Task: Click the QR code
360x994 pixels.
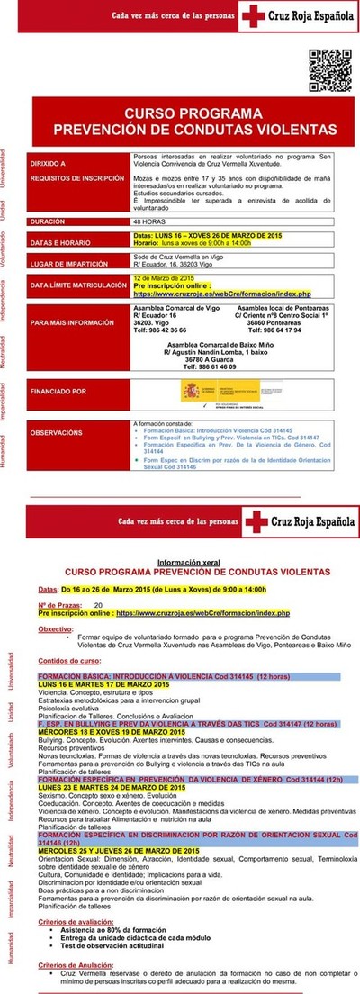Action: pos(328,67)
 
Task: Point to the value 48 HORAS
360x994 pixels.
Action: pos(148,221)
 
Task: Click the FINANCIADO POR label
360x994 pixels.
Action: pos(58,392)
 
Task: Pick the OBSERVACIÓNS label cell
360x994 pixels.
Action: pos(58,432)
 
